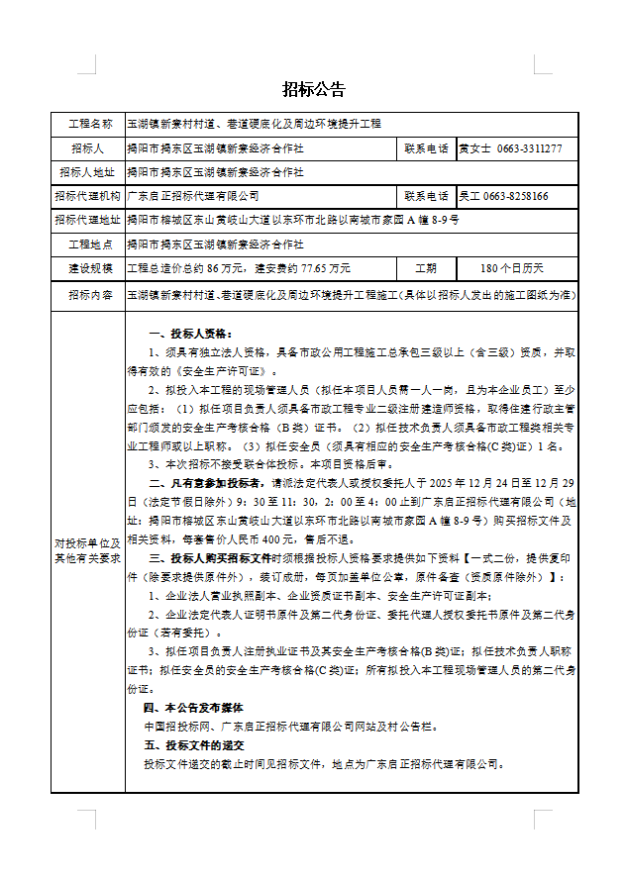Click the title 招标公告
313,90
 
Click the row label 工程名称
89,124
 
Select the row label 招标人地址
89,172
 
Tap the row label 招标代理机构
89,197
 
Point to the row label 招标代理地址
89,220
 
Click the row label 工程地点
89,244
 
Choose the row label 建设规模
89,268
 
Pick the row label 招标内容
89,295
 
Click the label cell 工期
426,268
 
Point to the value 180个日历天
511,268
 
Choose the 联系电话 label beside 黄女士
426,148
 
